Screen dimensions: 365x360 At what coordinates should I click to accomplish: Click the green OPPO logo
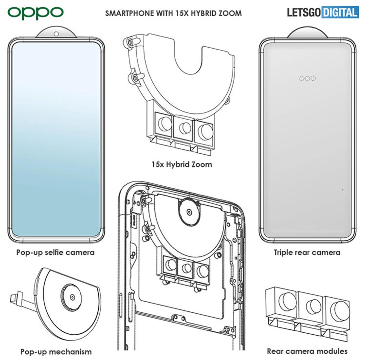[35, 13]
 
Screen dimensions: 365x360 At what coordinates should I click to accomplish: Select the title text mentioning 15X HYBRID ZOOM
[173, 13]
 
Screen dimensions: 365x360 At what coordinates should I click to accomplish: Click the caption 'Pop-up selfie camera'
[55, 252]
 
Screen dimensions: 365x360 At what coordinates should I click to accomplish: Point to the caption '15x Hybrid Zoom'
[182, 164]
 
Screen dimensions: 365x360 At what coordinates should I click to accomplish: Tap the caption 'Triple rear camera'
[307, 252]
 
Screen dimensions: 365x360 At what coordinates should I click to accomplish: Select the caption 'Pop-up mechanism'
[56, 352]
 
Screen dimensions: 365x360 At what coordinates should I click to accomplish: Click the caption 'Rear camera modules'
[307, 351]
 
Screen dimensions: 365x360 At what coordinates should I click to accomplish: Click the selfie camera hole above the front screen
[56, 34]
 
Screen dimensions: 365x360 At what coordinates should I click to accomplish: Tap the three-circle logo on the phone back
[308, 78]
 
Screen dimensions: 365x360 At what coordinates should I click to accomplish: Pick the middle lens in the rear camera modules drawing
[314, 306]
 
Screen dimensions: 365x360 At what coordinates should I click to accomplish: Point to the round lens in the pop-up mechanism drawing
[72, 297]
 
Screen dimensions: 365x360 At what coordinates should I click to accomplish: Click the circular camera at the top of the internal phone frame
[189, 212]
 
